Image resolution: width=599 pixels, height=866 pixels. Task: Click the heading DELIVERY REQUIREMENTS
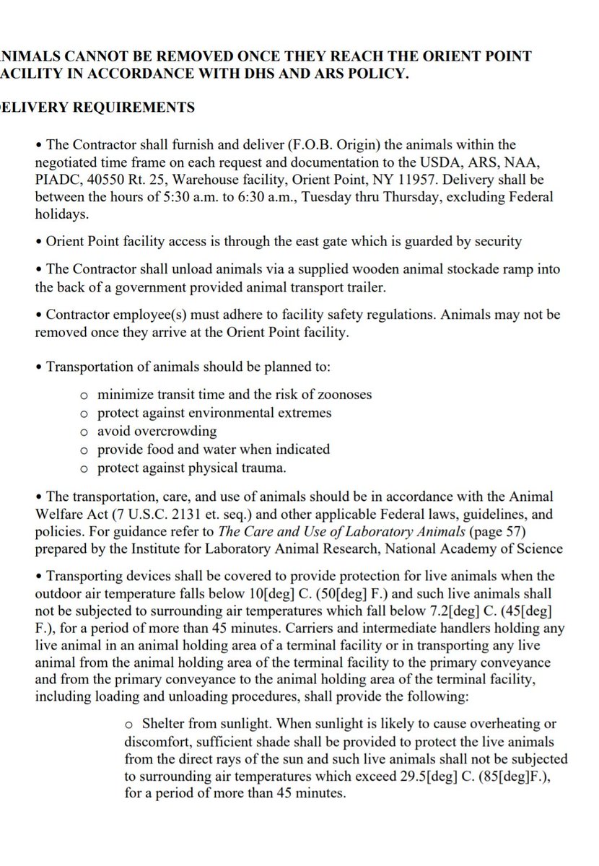tap(97, 108)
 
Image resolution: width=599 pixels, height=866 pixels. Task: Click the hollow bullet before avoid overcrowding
tap(84, 432)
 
